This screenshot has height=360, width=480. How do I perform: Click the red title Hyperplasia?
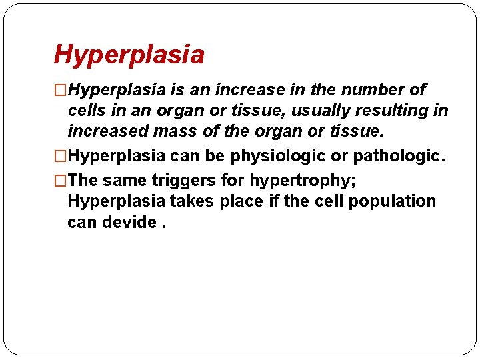tap(129, 55)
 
